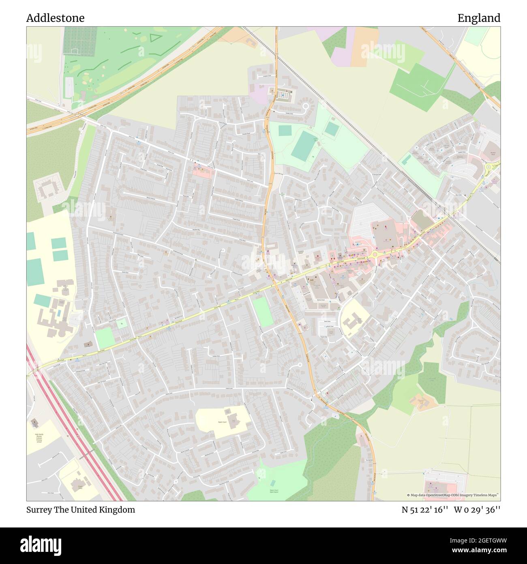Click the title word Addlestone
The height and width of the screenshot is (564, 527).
click(x=55, y=18)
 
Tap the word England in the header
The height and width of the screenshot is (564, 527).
click(x=479, y=18)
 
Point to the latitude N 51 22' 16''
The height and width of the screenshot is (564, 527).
click(x=424, y=510)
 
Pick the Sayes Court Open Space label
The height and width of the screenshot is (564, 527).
click(x=274, y=491)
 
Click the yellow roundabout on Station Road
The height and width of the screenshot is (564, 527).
click(x=374, y=254)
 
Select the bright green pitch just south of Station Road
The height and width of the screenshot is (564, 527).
click(x=263, y=311)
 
